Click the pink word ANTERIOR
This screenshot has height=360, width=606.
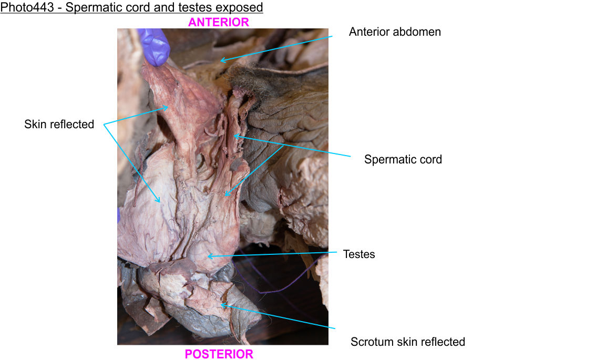point(219,22)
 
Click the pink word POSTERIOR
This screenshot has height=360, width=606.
point(219,354)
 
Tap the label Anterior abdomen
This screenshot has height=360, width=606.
point(395,32)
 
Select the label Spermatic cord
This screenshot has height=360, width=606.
point(403,159)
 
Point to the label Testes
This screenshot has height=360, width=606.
point(358,254)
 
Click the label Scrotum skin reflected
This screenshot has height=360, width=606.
point(407,342)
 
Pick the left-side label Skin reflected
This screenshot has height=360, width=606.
point(59,125)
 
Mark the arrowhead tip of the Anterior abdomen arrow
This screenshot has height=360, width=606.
point(220,61)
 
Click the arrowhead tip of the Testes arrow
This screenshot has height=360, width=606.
point(208,256)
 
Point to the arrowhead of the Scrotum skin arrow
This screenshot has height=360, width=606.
point(220,304)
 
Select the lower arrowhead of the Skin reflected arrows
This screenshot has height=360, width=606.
point(160,202)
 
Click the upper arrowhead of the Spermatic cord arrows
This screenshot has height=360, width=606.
point(234,135)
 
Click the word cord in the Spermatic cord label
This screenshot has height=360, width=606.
point(430,159)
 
